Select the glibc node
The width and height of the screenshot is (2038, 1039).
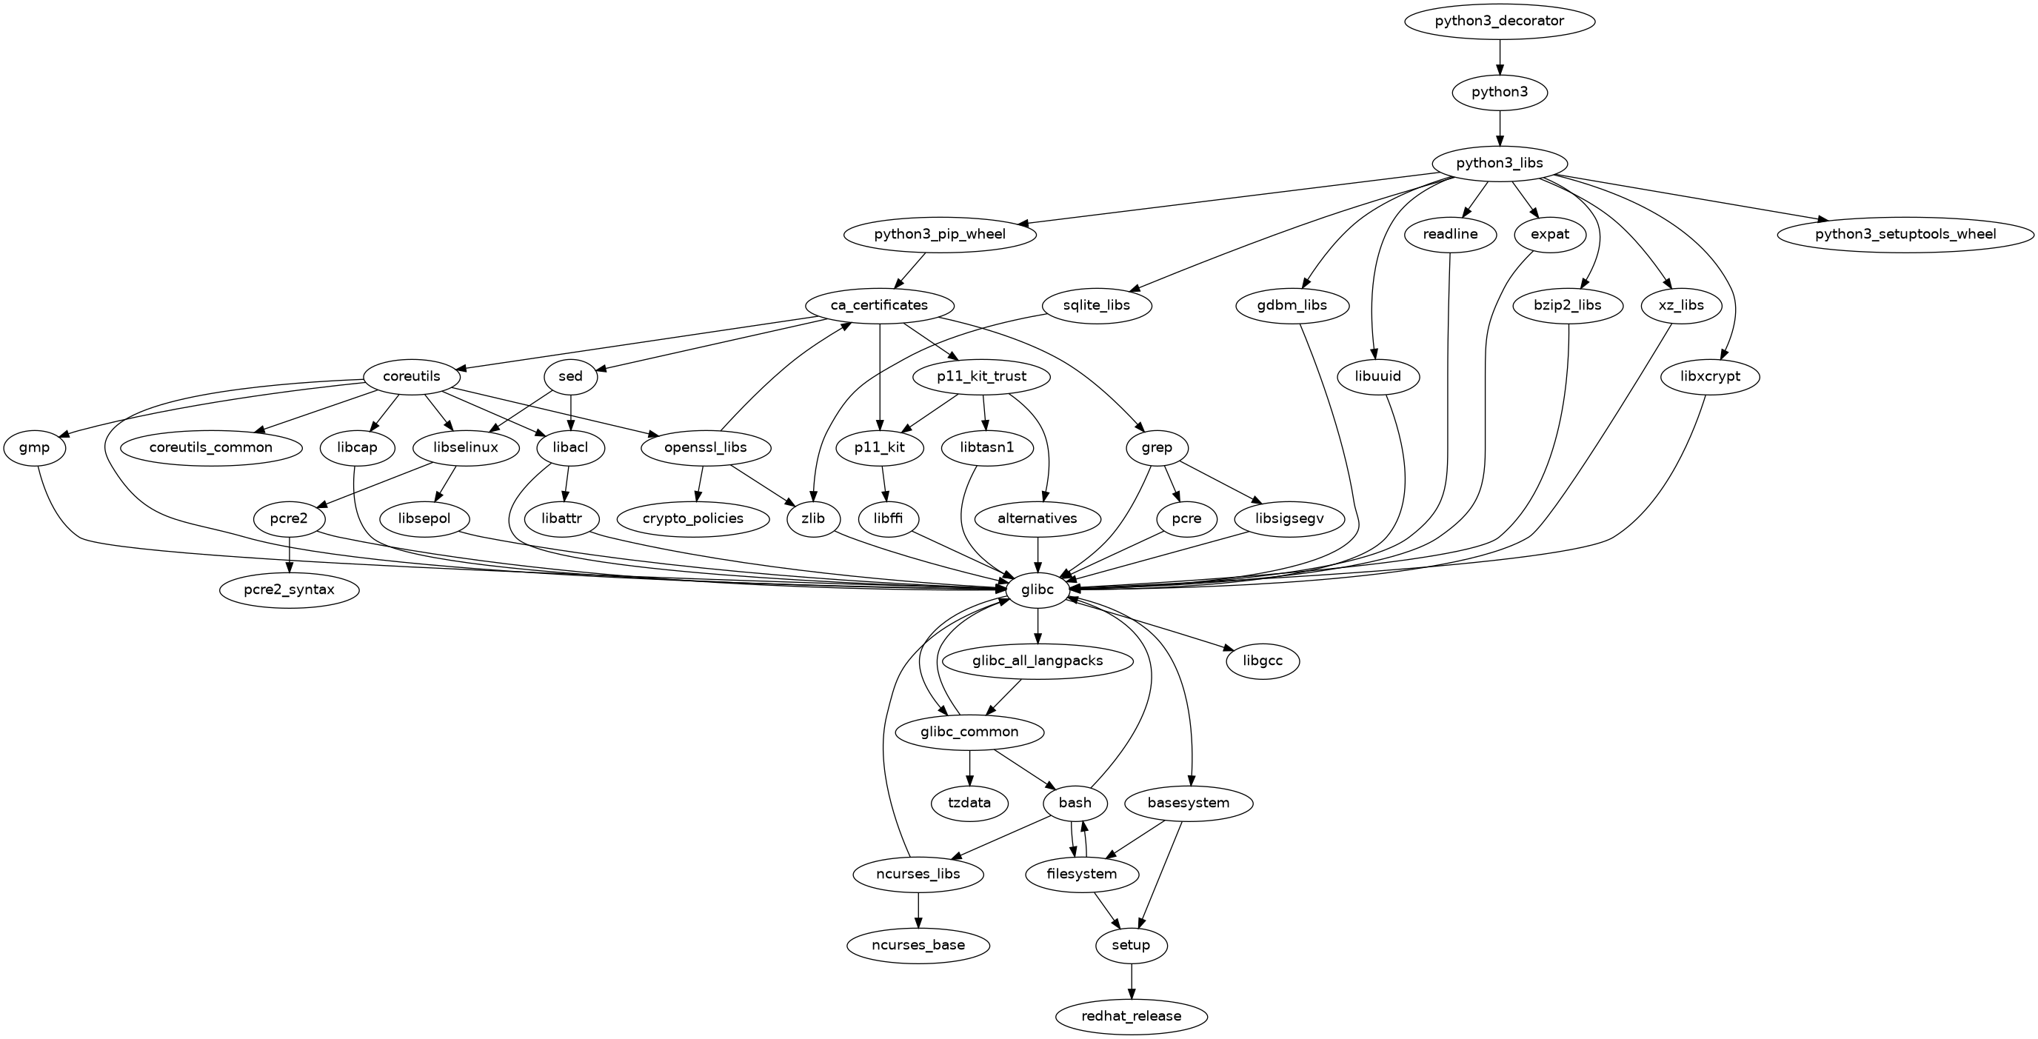1038,589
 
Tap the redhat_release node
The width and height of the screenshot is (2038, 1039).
1132,1016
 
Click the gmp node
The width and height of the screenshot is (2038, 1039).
35,448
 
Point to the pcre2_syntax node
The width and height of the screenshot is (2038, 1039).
290,589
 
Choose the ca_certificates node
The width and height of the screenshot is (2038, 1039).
880,305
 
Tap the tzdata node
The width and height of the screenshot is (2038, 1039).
969,804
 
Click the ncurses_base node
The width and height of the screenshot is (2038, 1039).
918,945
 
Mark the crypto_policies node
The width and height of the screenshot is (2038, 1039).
694,519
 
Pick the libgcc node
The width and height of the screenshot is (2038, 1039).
1263,661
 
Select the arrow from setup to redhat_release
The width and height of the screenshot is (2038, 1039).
1132,980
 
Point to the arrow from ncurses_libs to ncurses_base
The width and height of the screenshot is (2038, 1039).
918,909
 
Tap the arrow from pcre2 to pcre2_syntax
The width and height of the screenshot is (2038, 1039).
290,554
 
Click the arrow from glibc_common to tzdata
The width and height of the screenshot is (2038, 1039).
969,767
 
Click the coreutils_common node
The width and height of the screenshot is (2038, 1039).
210,448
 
